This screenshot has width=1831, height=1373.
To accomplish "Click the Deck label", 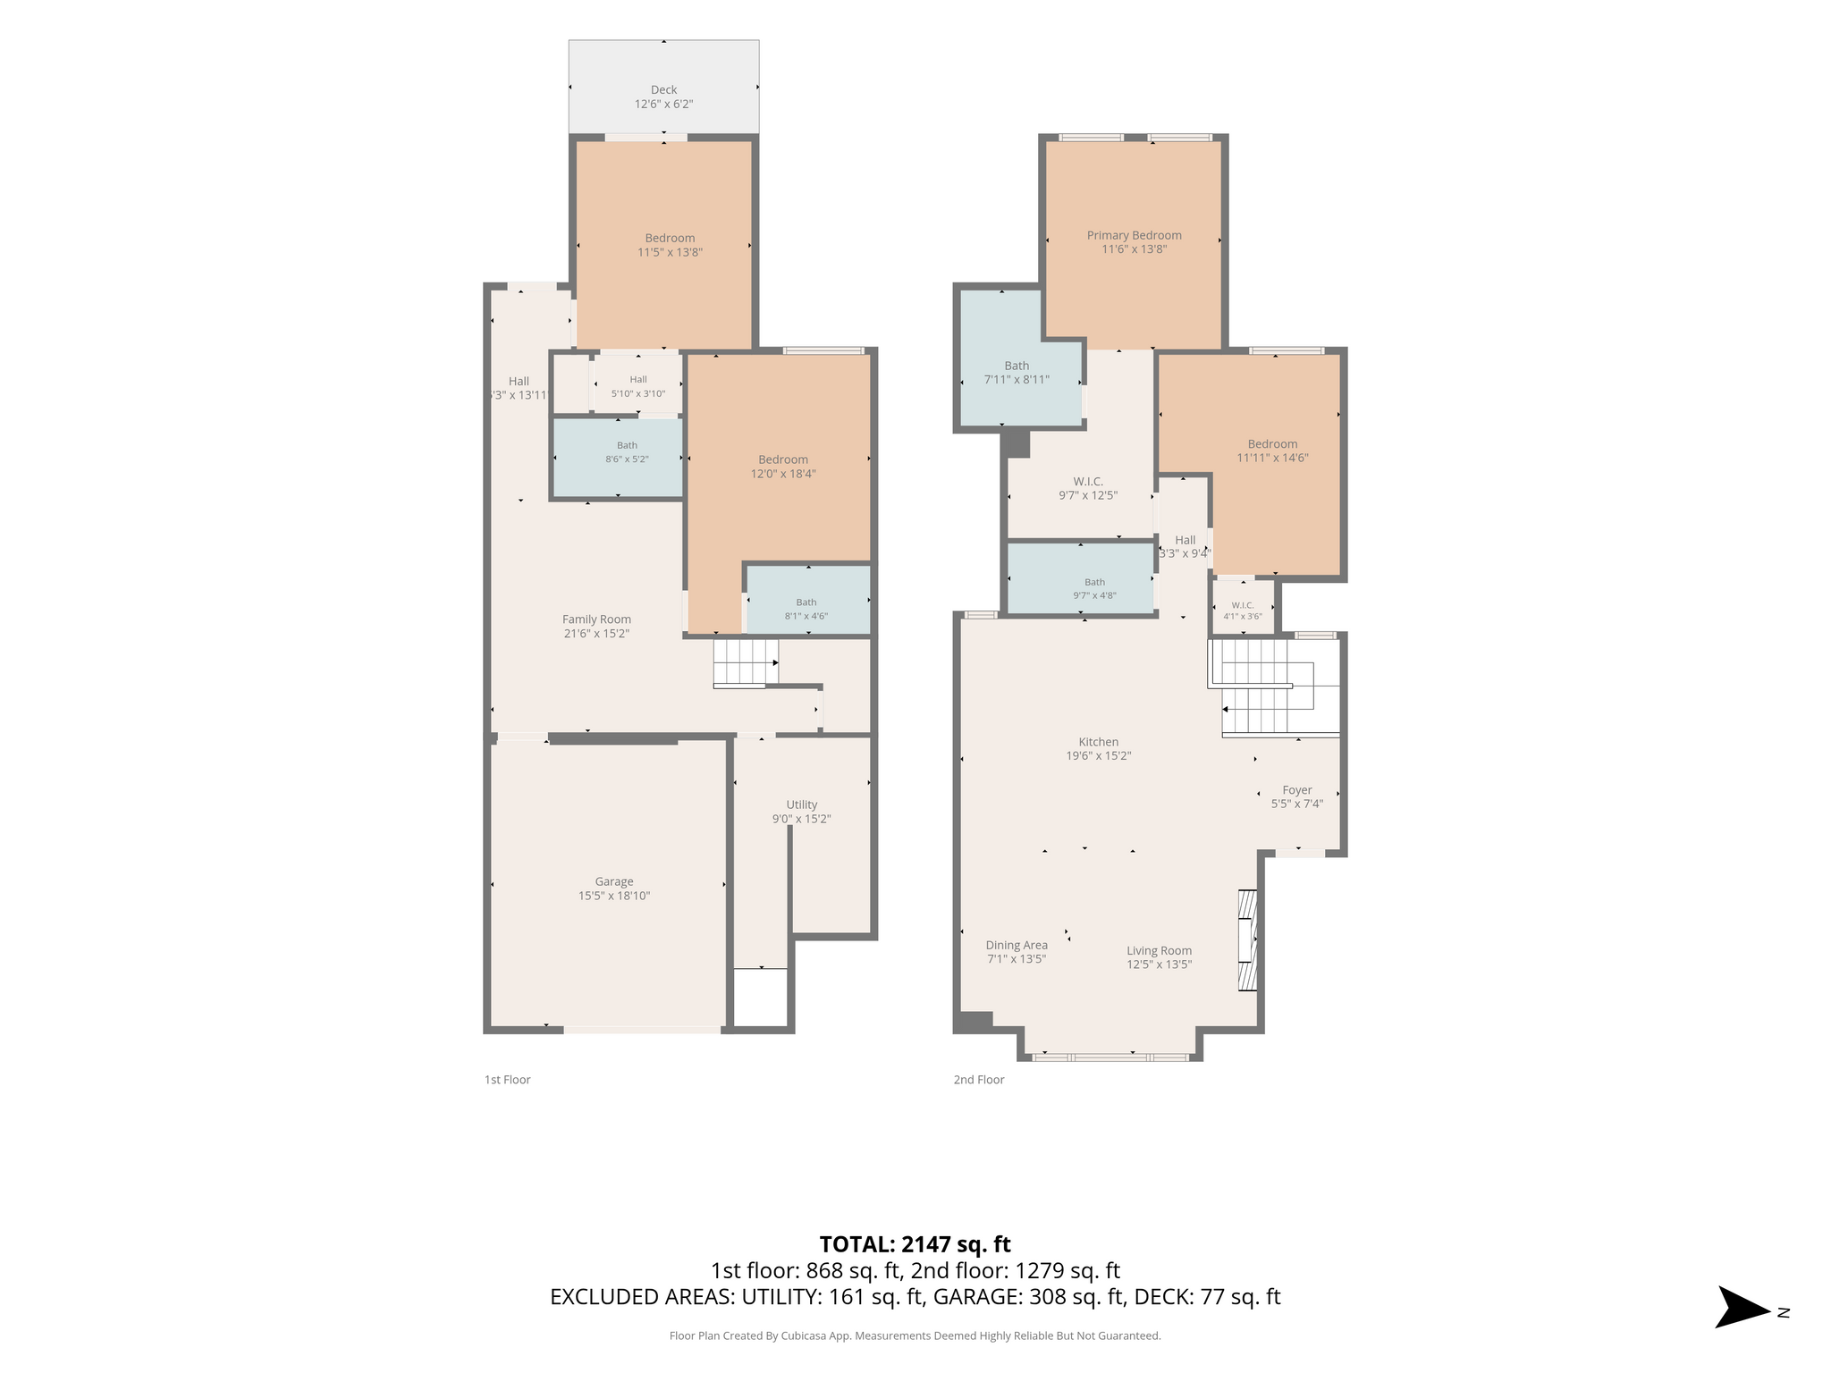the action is point(664,89).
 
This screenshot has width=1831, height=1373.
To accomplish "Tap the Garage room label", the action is point(614,881).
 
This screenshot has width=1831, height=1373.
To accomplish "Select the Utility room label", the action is point(802,804).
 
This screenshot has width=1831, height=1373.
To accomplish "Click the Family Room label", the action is point(596,619).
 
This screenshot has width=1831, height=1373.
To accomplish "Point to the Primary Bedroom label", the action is point(1135,235).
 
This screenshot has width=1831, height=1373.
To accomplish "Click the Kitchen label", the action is point(1099,742).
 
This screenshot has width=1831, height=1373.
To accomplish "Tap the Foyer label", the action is point(1297,790).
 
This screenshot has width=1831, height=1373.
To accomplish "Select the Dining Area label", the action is point(1017,945).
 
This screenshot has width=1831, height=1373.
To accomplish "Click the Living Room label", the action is point(1160,951).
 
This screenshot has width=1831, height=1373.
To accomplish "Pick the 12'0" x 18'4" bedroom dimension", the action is point(783,474).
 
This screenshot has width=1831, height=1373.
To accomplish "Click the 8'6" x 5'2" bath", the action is point(619,458).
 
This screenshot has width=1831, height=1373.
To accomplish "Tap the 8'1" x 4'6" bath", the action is point(808,600).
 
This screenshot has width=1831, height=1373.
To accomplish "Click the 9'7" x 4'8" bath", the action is point(1081,578).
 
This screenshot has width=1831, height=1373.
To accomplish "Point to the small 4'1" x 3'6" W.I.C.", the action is point(1243,608).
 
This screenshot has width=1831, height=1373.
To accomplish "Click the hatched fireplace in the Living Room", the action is point(1247,939).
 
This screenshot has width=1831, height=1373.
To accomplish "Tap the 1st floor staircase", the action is point(746,662).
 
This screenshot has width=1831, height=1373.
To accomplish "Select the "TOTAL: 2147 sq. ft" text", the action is point(915,1244).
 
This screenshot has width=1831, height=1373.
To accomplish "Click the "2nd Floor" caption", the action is point(979,1080).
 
